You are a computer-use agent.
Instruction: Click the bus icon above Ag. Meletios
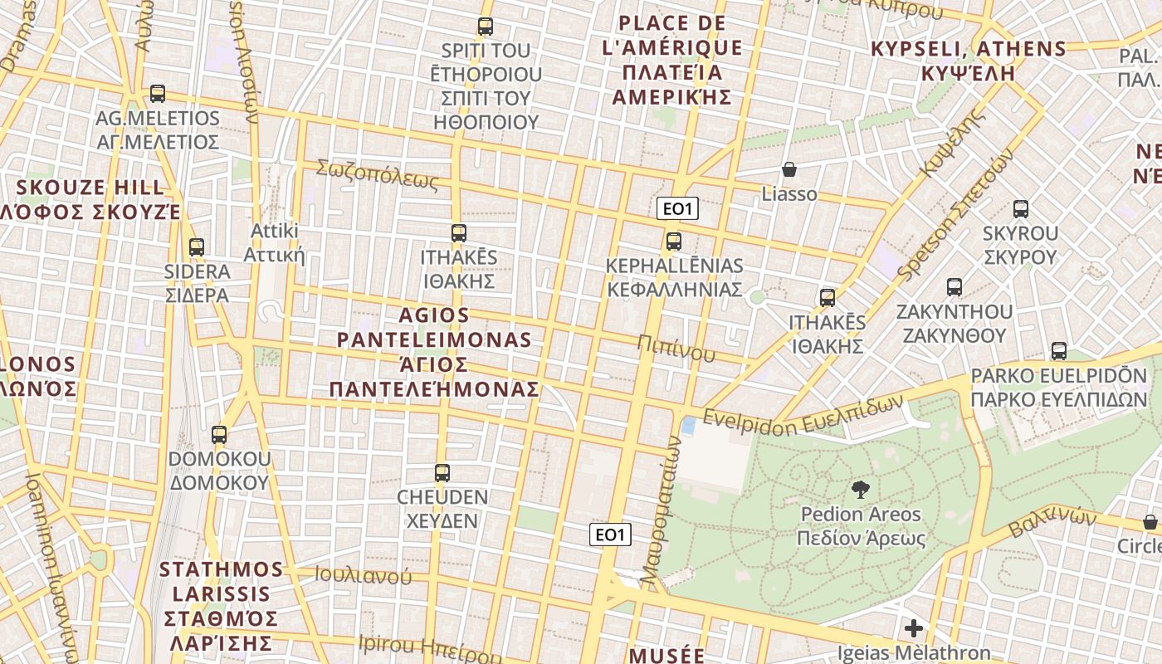pyautogui.click(x=158, y=94)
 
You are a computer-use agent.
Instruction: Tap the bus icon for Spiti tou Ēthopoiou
pyautogui.click(x=486, y=27)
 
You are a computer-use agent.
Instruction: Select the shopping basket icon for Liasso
pyautogui.click(x=789, y=169)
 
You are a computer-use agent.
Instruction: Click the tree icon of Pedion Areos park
pyautogui.click(x=861, y=490)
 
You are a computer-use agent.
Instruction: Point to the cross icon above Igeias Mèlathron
pyautogui.click(x=914, y=628)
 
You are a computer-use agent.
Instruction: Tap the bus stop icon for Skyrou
pyautogui.click(x=1021, y=209)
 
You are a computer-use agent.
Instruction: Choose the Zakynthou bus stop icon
pyautogui.click(x=954, y=287)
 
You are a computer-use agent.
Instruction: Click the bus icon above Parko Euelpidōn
pyautogui.click(x=1059, y=351)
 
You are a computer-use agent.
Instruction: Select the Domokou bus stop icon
pyautogui.click(x=219, y=434)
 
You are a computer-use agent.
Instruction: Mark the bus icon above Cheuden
pyautogui.click(x=442, y=473)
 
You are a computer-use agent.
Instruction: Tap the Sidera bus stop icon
pyautogui.click(x=197, y=247)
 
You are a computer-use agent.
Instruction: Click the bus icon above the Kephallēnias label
pyautogui.click(x=674, y=242)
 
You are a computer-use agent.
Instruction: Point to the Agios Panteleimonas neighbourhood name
pyautogui.click(x=434, y=352)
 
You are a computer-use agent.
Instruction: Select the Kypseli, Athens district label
pyautogui.click(x=969, y=61)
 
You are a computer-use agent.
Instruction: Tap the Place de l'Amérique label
pyautogui.click(x=672, y=60)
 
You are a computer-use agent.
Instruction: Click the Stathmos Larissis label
pyautogui.click(x=222, y=606)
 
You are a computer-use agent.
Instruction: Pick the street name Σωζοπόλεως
pyautogui.click(x=377, y=173)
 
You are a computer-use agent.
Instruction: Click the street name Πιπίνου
pyautogui.click(x=676, y=349)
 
